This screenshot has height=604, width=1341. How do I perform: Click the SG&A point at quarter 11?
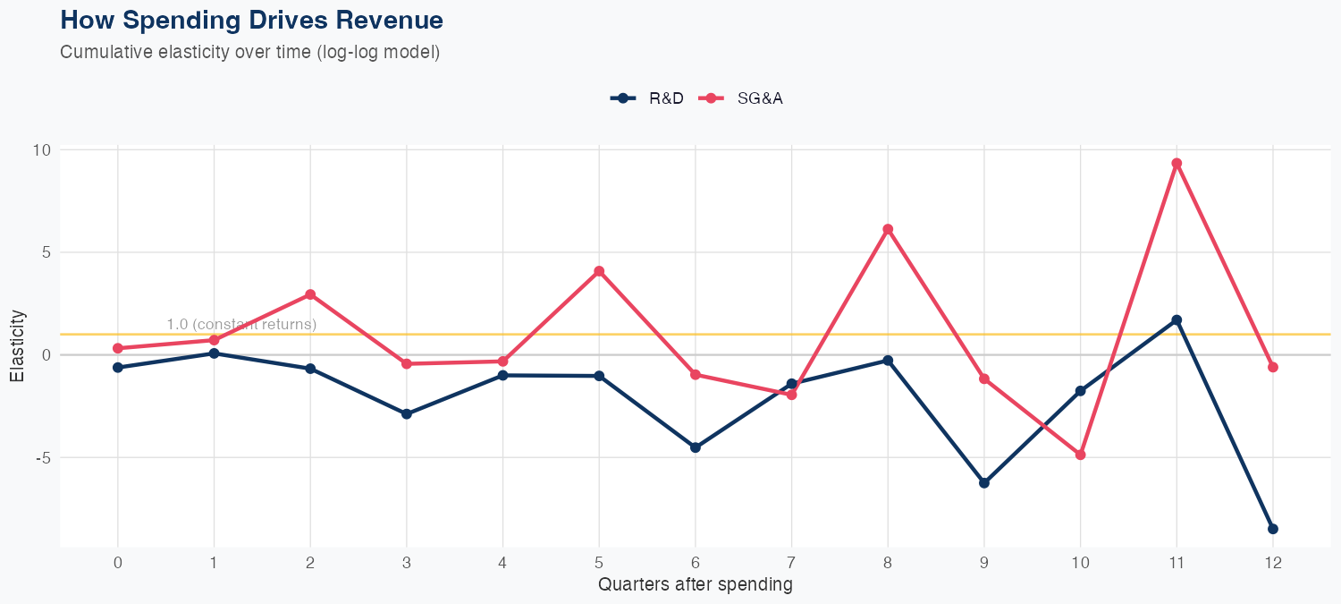click(1177, 164)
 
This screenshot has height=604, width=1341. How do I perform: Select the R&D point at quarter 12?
click(1273, 529)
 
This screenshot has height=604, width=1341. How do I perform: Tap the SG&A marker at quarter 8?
click(888, 229)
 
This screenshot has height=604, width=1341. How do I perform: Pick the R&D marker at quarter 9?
click(984, 483)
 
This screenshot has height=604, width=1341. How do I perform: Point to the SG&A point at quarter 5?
click(599, 271)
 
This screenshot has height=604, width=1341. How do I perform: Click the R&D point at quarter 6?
click(696, 447)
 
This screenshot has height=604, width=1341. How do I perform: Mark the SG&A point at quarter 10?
click(1080, 455)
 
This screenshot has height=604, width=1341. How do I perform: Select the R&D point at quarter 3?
click(407, 414)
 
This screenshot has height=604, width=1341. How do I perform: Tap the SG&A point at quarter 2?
click(310, 294)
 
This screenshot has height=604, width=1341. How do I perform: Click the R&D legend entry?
click(647, 98)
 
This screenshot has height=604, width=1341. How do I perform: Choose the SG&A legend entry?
click(741, 98)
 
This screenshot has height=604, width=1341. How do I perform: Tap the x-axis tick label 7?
click(791, 563)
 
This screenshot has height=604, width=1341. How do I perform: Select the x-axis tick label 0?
click(118, 563)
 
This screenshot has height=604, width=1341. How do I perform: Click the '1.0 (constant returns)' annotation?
click(241, 324)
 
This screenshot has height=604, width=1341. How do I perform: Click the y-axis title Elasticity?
click(18, 346)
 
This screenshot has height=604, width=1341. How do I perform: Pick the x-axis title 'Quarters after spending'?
click(695, 585)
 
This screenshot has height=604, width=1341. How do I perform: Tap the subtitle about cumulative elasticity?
click(249, 52)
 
